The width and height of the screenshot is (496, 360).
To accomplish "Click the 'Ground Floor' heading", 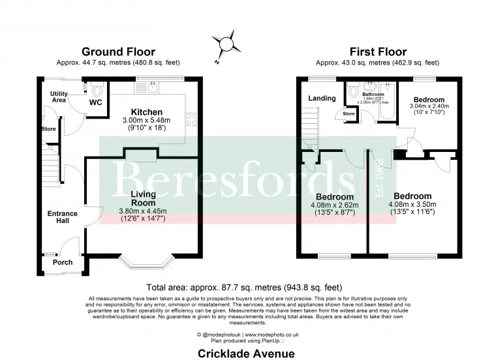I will click(x=117, y=52).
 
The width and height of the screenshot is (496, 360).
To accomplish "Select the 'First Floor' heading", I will click(x=377, y=52).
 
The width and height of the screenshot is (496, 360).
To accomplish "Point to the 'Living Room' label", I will click(x=143, y=198).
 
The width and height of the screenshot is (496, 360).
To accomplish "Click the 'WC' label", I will click(x=95, y=102).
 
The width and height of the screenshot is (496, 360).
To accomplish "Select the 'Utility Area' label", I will click(x=59, y=97).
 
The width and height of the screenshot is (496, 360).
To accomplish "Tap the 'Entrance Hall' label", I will click(x=62, y=217).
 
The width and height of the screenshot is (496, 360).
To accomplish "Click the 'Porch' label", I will click(x=63, y=262).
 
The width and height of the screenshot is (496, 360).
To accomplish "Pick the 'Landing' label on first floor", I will click(x=322, y=98).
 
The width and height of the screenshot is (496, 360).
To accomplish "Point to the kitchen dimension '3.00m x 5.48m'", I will click(x=146, y=121).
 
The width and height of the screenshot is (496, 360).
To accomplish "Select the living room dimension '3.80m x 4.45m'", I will click(x=143, y=211).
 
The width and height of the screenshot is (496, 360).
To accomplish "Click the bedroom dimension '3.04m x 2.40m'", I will click(x=427, y=106).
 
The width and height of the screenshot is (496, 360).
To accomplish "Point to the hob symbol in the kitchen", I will click(x=193, y=119).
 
